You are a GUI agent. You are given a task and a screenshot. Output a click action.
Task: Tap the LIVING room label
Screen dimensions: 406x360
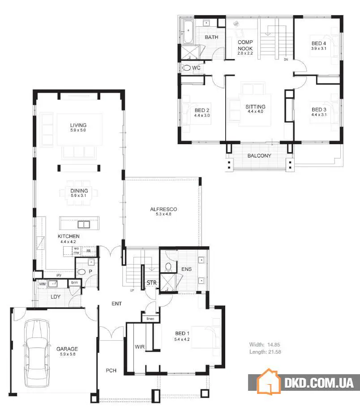click(x=78, y=125)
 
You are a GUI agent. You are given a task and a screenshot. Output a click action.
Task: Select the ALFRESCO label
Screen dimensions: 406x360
click(x=164, y=209)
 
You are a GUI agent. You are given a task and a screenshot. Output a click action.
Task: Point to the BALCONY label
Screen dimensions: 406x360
click(x=259, y=156)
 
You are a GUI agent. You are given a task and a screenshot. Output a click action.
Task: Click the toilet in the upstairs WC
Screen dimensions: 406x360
click(x=186, y=68)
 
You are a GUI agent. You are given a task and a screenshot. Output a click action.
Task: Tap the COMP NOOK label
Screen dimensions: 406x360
click(x=245, y=45)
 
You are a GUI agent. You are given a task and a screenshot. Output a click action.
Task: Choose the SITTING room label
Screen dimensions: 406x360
click(x=255, y=107)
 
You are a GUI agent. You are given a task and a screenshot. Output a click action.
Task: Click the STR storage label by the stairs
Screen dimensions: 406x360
click(x=151, y=283)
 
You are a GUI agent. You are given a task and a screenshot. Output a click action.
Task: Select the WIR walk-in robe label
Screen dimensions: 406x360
click(x=140, y=346)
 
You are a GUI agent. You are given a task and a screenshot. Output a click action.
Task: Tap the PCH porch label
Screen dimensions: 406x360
click(x=111, y=371)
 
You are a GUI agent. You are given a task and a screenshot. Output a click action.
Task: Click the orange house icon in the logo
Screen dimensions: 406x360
click(x=267, y=381)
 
